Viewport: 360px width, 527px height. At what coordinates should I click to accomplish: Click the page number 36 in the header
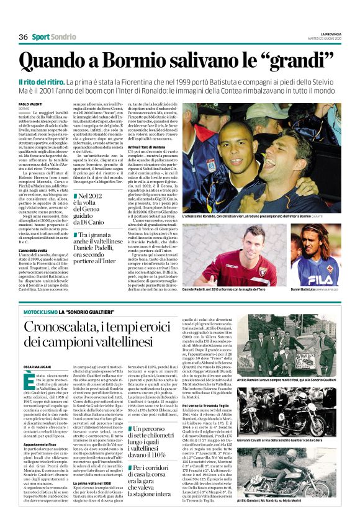[24, 37]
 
